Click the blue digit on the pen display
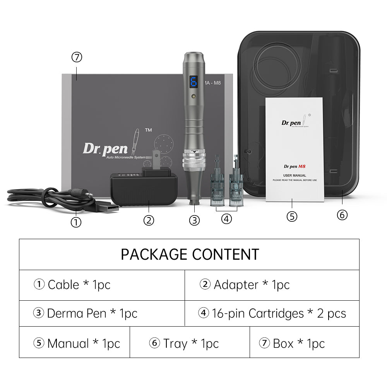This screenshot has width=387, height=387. [193, 81]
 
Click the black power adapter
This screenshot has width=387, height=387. [144, 190]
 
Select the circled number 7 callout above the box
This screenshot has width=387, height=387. [77, 57]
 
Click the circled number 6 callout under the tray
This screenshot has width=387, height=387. [342, 214]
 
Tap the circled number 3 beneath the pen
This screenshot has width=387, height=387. [194, 220]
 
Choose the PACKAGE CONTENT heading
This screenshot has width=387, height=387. [190, 254]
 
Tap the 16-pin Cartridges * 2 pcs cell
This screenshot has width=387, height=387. [272, 313]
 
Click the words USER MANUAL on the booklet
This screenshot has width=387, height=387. [294, 175]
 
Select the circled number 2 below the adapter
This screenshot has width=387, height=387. [149, 220]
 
